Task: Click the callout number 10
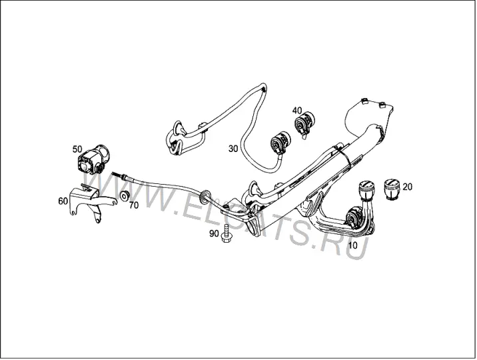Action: pos(353,245)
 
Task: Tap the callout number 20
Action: pos(407,187)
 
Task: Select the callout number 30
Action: pos(233,149)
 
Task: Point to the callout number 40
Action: pos(297,110)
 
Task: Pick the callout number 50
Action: pos(77,149)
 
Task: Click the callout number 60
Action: pos(63,201)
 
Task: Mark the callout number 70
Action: pos(133,205)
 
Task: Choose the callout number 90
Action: pos(214,234)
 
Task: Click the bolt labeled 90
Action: pos(227,234)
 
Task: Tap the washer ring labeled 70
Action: pos(125,196)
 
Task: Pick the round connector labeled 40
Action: pos(304,124)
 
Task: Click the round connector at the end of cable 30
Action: pos(280,143)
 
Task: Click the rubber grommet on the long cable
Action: pos(204,195)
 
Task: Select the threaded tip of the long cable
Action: pos(118,175)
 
